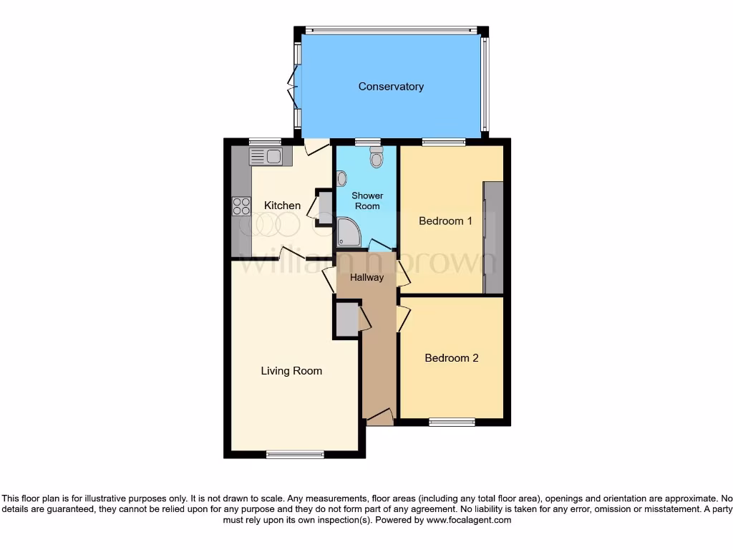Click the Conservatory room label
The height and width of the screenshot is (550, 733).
coord(391,87)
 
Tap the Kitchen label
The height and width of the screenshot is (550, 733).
coord(283,206)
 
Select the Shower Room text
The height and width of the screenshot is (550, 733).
coord(367,201)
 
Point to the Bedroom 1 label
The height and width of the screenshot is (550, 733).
coord(445,221)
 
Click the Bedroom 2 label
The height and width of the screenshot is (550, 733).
coord(451,358)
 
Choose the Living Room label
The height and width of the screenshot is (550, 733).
coord(291,371)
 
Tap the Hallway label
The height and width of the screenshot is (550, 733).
coord(366,277)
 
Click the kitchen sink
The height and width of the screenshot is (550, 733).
coord(266,155)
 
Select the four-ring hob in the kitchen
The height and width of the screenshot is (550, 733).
coord(241,206)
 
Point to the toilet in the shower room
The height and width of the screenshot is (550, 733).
coord(377,158)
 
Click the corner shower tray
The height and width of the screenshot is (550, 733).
coord(349,233)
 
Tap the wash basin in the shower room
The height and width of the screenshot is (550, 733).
coord(341,178)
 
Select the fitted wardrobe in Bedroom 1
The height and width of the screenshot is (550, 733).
coord(493,237)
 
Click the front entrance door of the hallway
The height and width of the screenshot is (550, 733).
coord(379,418)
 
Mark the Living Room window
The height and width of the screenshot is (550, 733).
coord(295,454)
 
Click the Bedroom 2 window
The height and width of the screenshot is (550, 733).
coord(452,422)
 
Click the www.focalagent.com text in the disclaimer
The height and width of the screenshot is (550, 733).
coord(468,521)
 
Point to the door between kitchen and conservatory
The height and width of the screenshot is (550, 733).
coord(314,147)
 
